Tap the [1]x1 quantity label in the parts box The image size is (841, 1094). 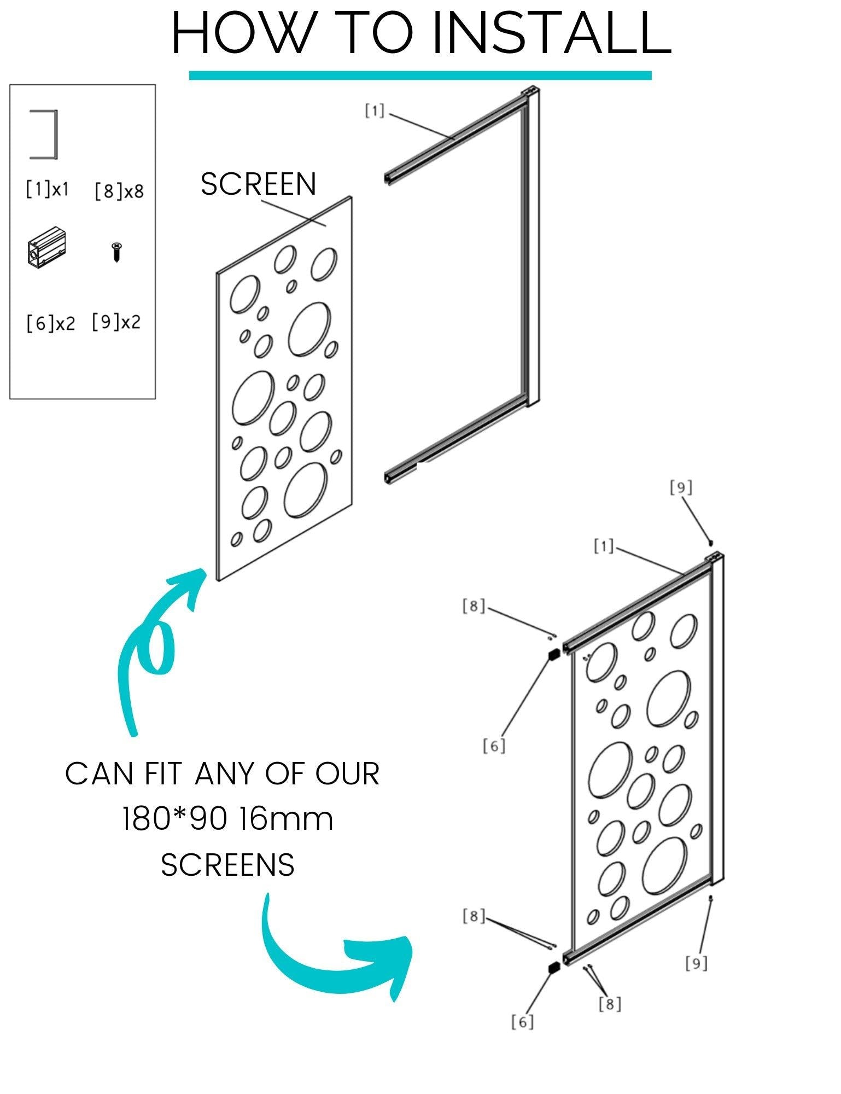click(x=48, y=189)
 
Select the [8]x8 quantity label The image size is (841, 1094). click(x=119, y=191)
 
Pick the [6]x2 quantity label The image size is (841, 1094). click(x=50, y=323)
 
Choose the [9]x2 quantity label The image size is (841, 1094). click(x=116, y=322)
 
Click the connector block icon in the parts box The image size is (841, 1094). click(x=46, y=247)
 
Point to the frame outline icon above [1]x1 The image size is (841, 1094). click(x=44, y=135)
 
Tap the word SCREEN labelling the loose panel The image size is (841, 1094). click(x=259, y=184)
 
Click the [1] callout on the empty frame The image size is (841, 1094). click(x=375, y=112)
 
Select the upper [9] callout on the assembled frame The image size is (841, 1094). click(x=681, y=487)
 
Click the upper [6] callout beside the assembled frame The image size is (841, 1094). click(x=494, y=746)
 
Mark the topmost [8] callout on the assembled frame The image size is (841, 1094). click(x=474, y=606)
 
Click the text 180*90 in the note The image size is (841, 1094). click(x=172, y=819)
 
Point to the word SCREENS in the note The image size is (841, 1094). click(x=227, y=865)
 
